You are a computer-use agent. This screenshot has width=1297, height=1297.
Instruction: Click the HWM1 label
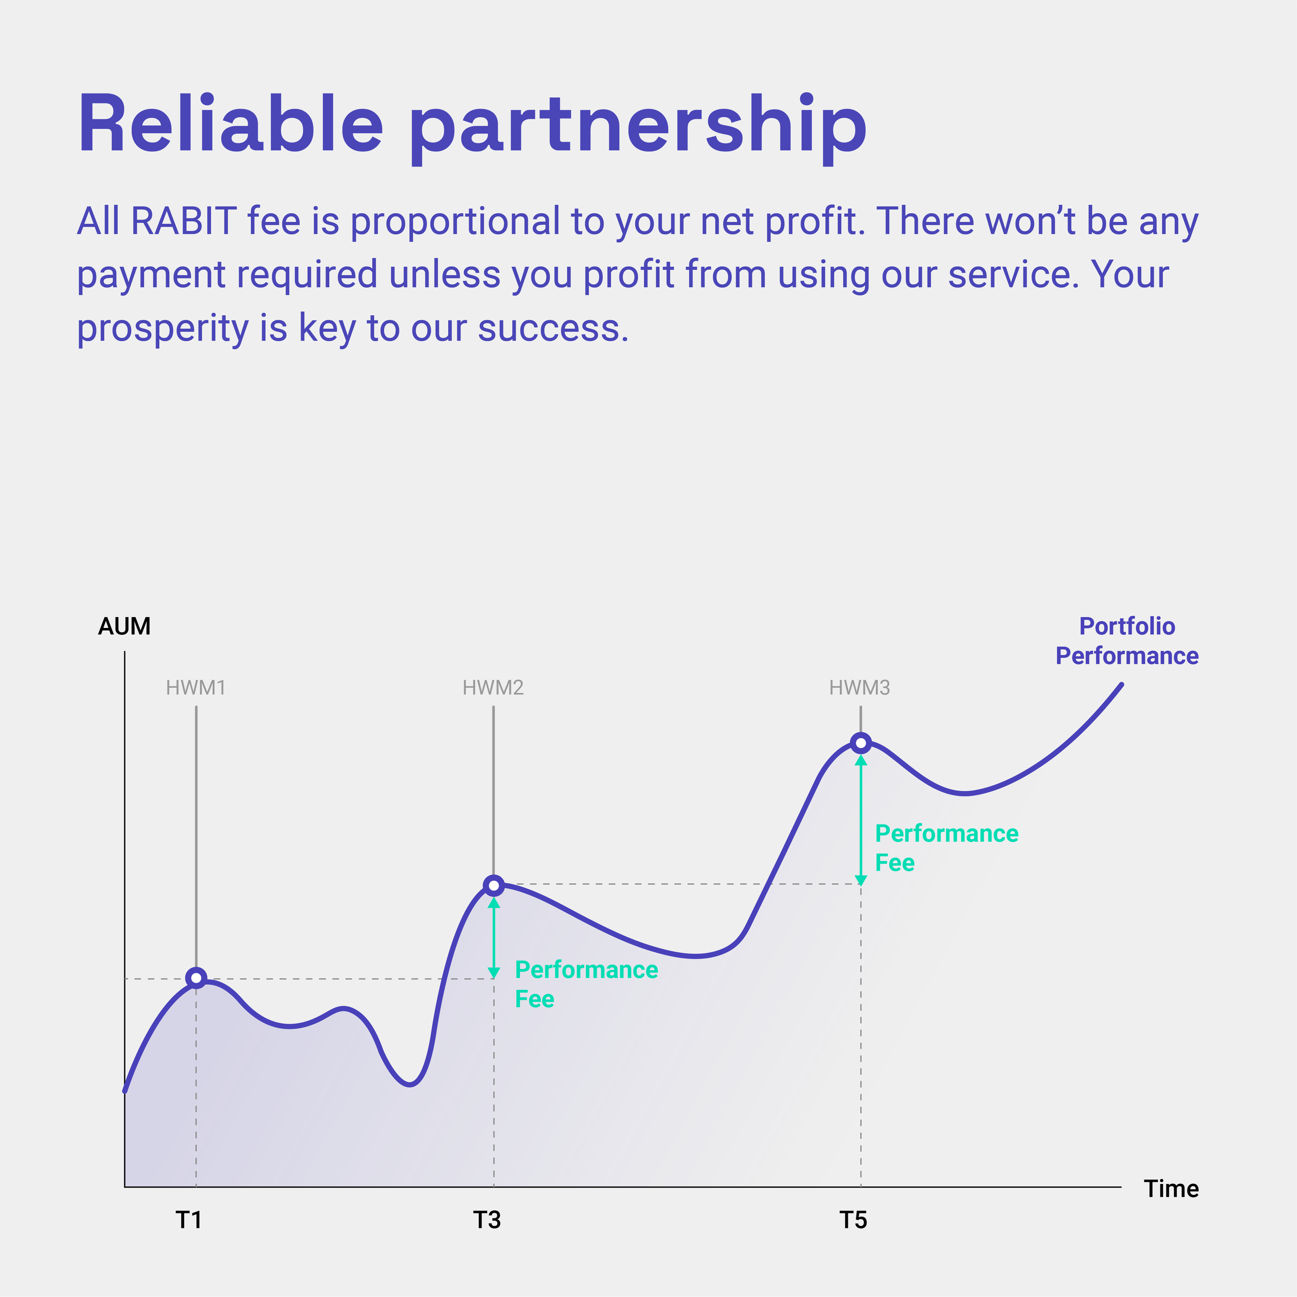(x=196, y=688)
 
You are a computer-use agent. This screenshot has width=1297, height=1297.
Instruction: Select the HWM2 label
(x=493, y=688)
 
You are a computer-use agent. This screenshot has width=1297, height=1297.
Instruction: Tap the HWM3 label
(x=859, y=688)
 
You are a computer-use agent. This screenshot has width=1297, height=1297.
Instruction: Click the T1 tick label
(x=189, y=1220)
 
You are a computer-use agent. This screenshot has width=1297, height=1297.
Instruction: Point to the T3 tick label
(x=487, y=1220)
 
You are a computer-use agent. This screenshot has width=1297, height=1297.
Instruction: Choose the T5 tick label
(x=853, y=1220)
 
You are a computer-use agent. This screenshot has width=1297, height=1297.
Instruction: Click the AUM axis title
(x=125, y=626)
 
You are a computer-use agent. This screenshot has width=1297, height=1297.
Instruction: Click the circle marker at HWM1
(x=196, y=978)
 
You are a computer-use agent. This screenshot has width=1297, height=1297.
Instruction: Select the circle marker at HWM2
(x=494, y=885)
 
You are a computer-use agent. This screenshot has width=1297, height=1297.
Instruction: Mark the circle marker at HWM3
(x=860, y=743)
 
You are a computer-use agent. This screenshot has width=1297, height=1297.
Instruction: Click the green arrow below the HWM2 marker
(x=494, y=937)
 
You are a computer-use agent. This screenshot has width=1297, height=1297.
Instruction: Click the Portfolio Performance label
(x=1127, y=641)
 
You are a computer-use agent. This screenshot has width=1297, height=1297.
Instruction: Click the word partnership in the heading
(x=638, y=128)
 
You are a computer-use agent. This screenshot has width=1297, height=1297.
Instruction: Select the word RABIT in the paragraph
(x=183, y=221)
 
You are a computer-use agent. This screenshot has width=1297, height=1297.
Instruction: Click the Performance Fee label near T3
(x=586, y=984)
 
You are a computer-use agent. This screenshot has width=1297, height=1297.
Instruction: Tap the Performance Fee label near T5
(x=946, y=848)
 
